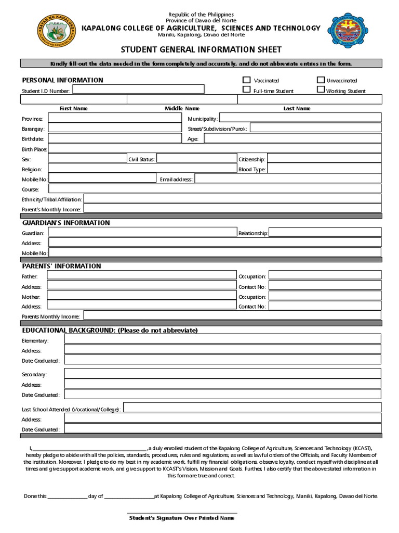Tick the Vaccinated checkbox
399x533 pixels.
pos(246,80)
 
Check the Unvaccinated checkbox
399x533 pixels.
pos(321,80)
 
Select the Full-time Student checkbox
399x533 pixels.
pos(246,90)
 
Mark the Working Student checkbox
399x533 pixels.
pos(321,90)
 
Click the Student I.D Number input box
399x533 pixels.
pos(138,90)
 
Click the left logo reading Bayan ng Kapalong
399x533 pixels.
pos(56,31)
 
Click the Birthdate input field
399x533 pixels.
pos(114,138)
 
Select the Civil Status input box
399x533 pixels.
pos(196,159)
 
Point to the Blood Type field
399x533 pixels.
pos(324,169)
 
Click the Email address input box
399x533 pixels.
pos(288,179)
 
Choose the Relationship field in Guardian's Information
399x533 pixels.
pos(325,233)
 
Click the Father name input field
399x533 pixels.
pos(141,276)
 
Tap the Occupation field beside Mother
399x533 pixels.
pos(325,296)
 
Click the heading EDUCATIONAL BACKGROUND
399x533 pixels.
pos(110,331)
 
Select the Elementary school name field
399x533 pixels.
pos(222,339)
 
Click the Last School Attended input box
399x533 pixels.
pos(252,409)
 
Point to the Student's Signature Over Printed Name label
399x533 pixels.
pos(181,518)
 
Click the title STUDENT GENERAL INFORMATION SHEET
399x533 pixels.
pos(201,50)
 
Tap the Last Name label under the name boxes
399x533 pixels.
pos(297,108)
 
